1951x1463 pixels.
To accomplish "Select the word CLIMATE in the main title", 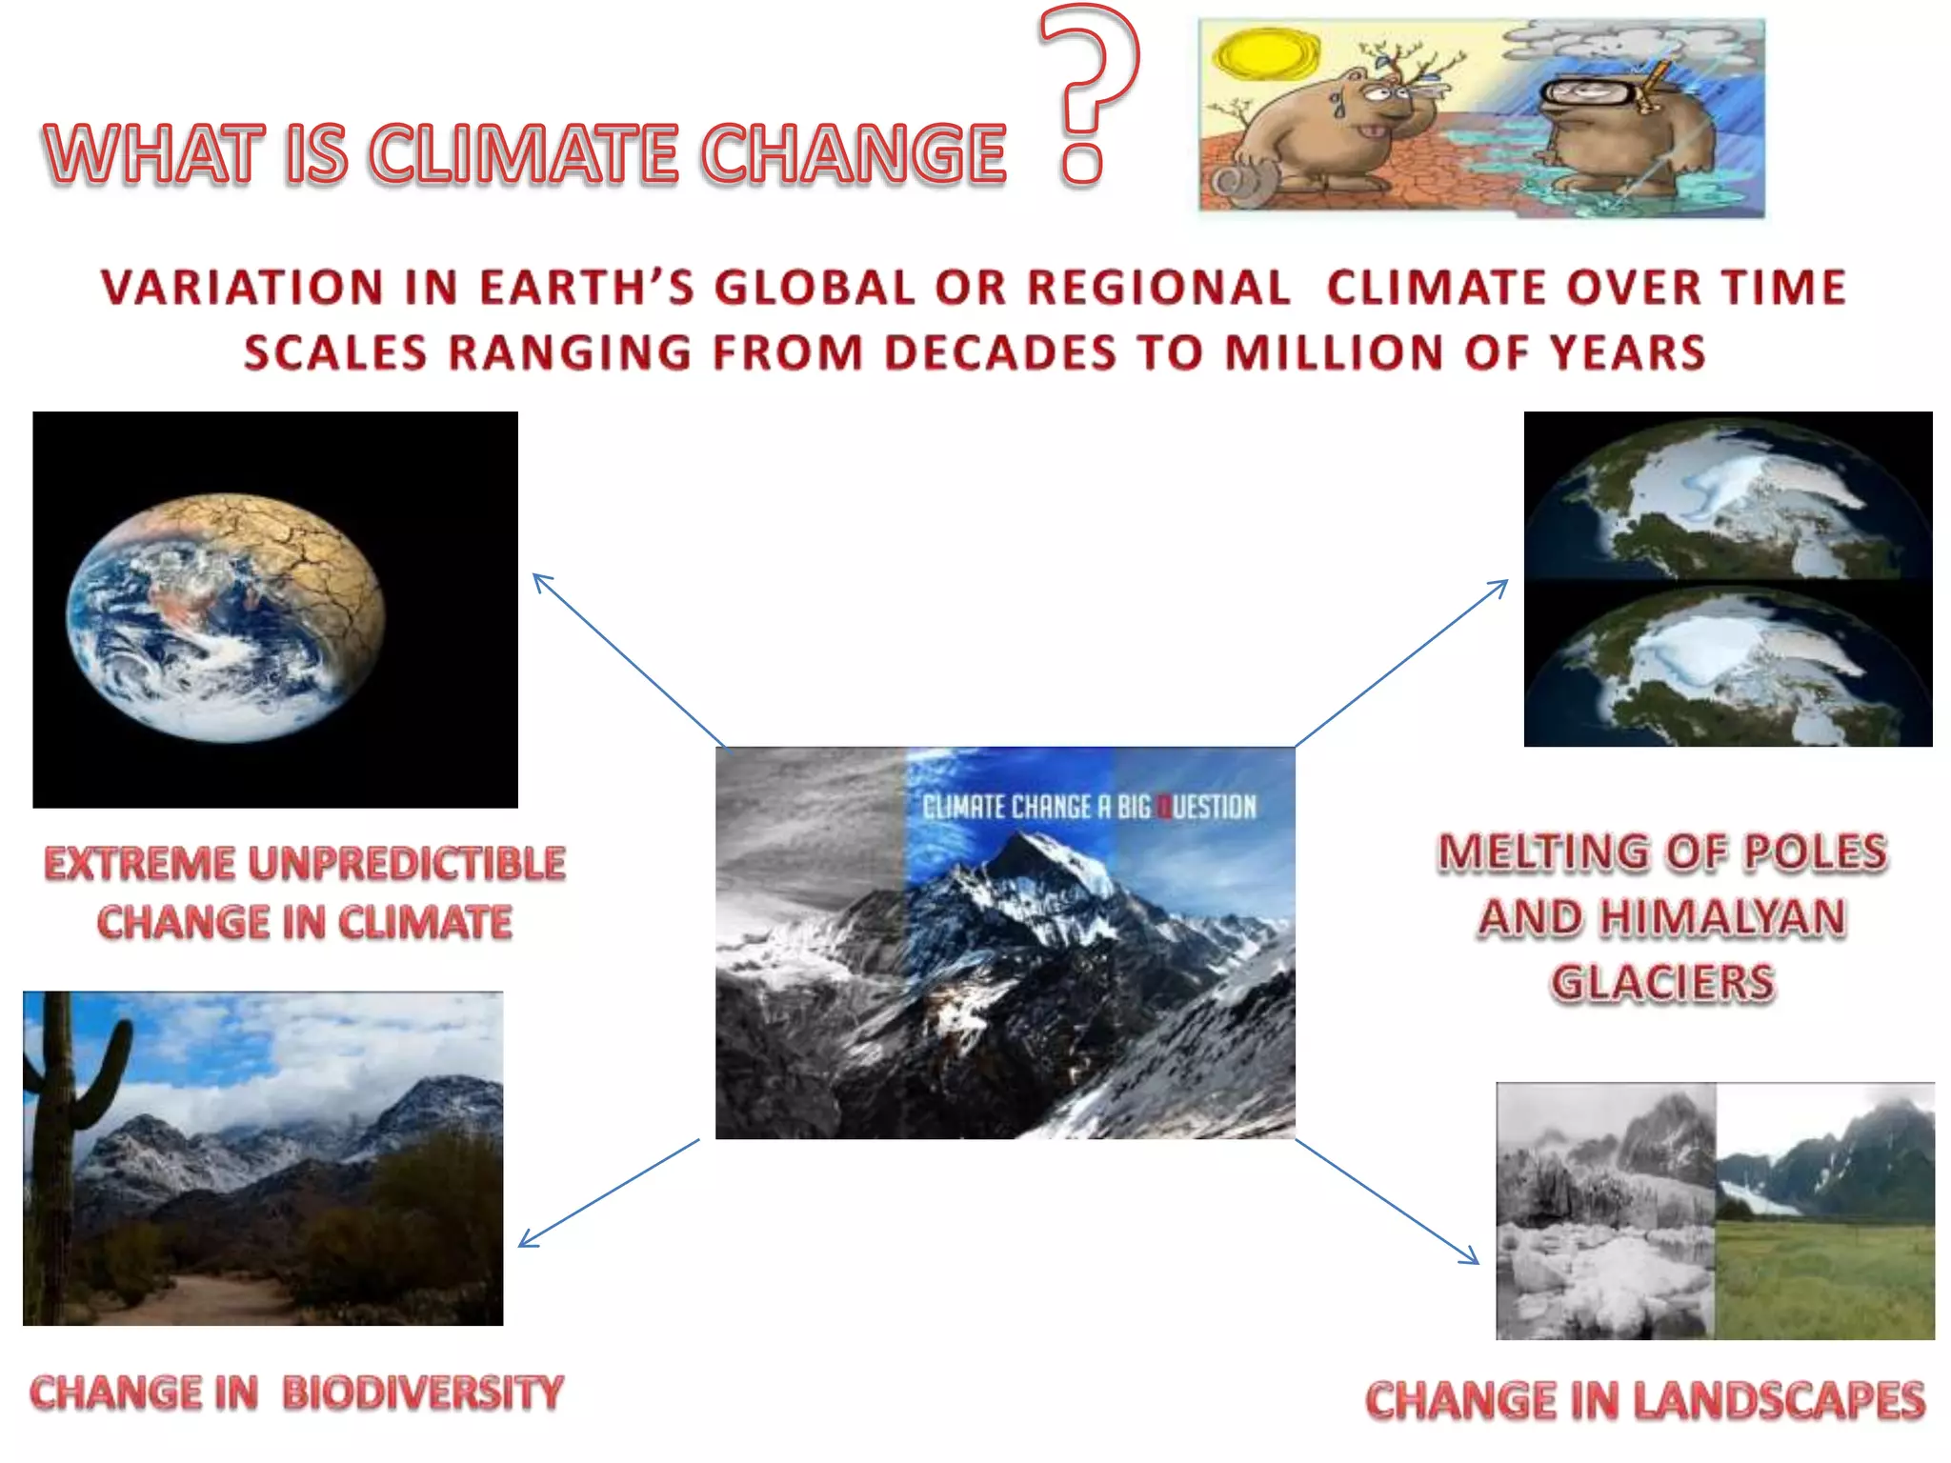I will [x=523, y=153].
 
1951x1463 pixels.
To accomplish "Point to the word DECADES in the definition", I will [x=999, y=352].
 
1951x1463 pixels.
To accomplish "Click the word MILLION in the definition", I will [x=1334, y=352].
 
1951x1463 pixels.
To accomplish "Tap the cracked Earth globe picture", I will [x=226, y=616].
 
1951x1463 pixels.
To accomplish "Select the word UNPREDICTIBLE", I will [x=407, y=864].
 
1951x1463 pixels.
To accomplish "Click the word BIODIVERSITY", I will [x=423, y=1393].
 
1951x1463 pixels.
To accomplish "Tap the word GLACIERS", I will [x=1662, y=982].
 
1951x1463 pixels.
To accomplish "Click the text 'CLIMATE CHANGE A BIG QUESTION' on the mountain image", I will [x=1089, y=808].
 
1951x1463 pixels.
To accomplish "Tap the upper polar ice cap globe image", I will [x=1727, y=495].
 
